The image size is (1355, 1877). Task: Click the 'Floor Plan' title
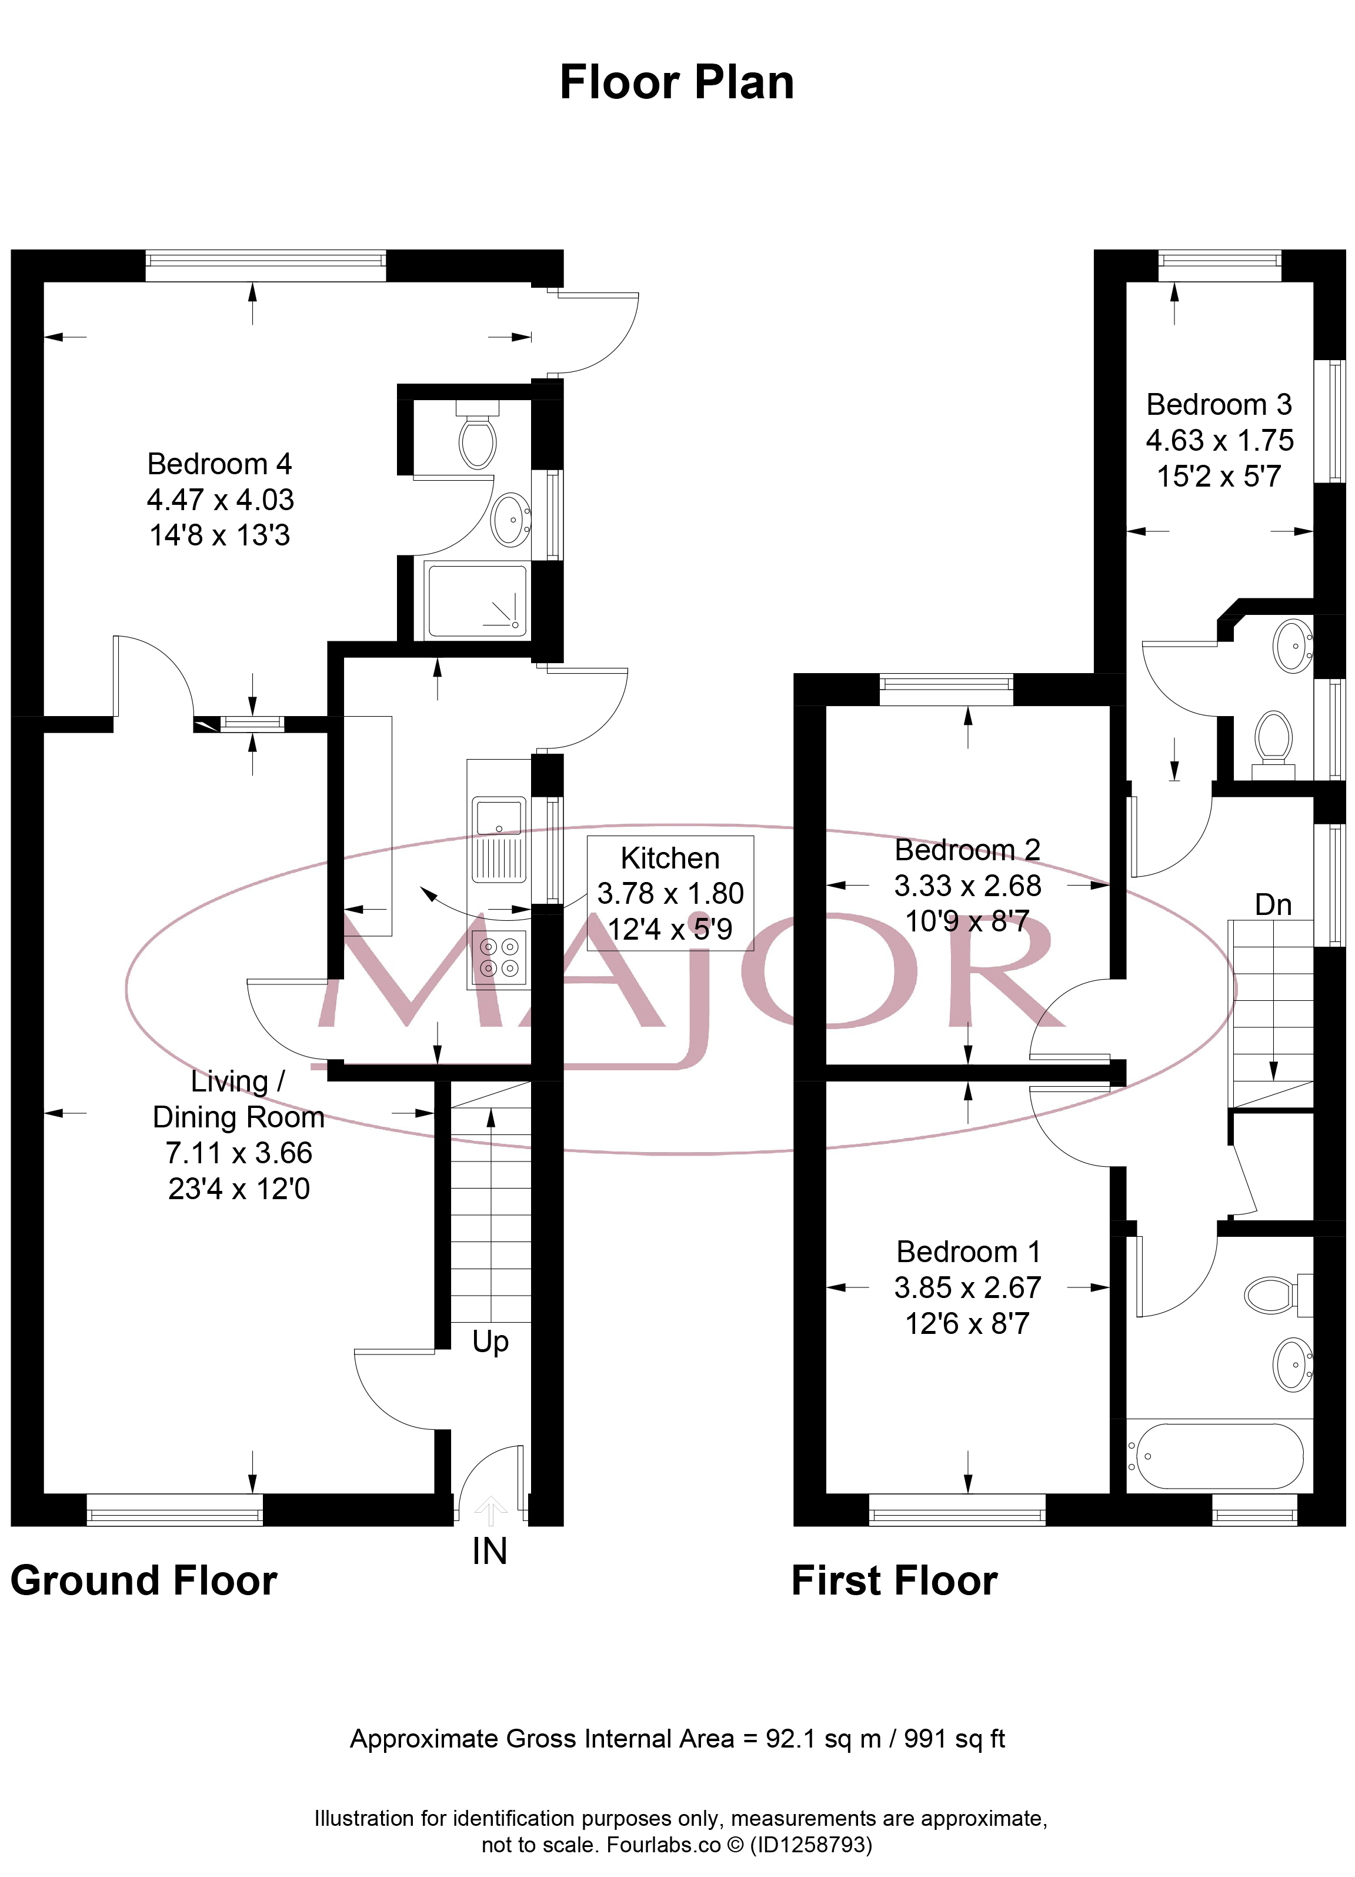677,83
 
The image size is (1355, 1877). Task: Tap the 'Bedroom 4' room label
219,464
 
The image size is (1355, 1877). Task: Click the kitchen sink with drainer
499,839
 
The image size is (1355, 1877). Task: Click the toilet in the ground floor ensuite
478,434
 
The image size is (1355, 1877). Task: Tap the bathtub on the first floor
1220,1456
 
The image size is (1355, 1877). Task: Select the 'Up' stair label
490,1342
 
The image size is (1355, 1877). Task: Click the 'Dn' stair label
1273,904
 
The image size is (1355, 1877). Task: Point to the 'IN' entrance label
490,1551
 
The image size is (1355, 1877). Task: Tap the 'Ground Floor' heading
144,1580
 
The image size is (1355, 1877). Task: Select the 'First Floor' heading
895,1580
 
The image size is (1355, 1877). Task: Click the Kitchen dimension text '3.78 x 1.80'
670,894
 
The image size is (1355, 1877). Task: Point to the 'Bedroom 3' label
1219,405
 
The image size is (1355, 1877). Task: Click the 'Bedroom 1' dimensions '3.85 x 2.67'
967,1288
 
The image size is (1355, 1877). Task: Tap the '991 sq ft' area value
954,1739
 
